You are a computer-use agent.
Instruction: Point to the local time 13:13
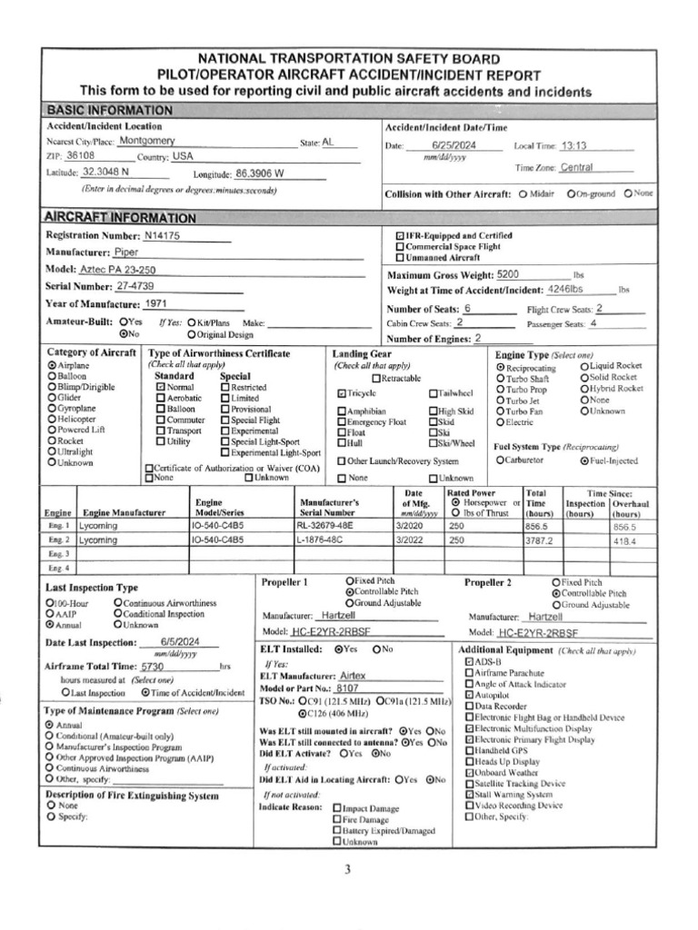click(x=574, y=145)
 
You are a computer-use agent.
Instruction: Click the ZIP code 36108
click(x=79, y=156)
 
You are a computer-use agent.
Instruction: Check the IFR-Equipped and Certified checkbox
click(x=400, y=235)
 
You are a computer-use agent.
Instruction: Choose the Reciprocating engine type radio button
click(x=500, y=369)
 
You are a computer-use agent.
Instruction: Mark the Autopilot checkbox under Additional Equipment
click(x=468, y=695)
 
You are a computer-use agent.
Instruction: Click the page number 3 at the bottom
click(x=347, y=869)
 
